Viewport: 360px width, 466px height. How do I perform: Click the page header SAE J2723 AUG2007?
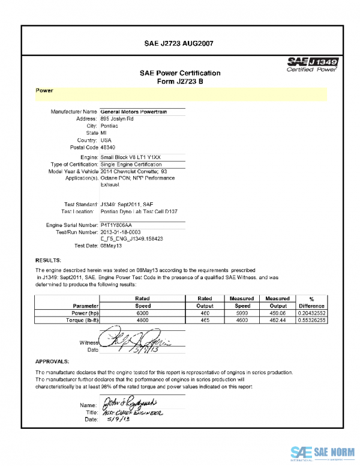click(179, 44)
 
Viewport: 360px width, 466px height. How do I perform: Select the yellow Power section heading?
click(45, 91)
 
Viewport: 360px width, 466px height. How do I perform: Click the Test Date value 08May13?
click(112, 246)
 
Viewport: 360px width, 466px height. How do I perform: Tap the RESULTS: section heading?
click(48, 260)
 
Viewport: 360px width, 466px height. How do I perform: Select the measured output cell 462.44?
click(277, 321)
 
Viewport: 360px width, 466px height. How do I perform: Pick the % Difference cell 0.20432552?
click(311, 313)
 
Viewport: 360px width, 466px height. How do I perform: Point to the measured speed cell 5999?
click(242, 313)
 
